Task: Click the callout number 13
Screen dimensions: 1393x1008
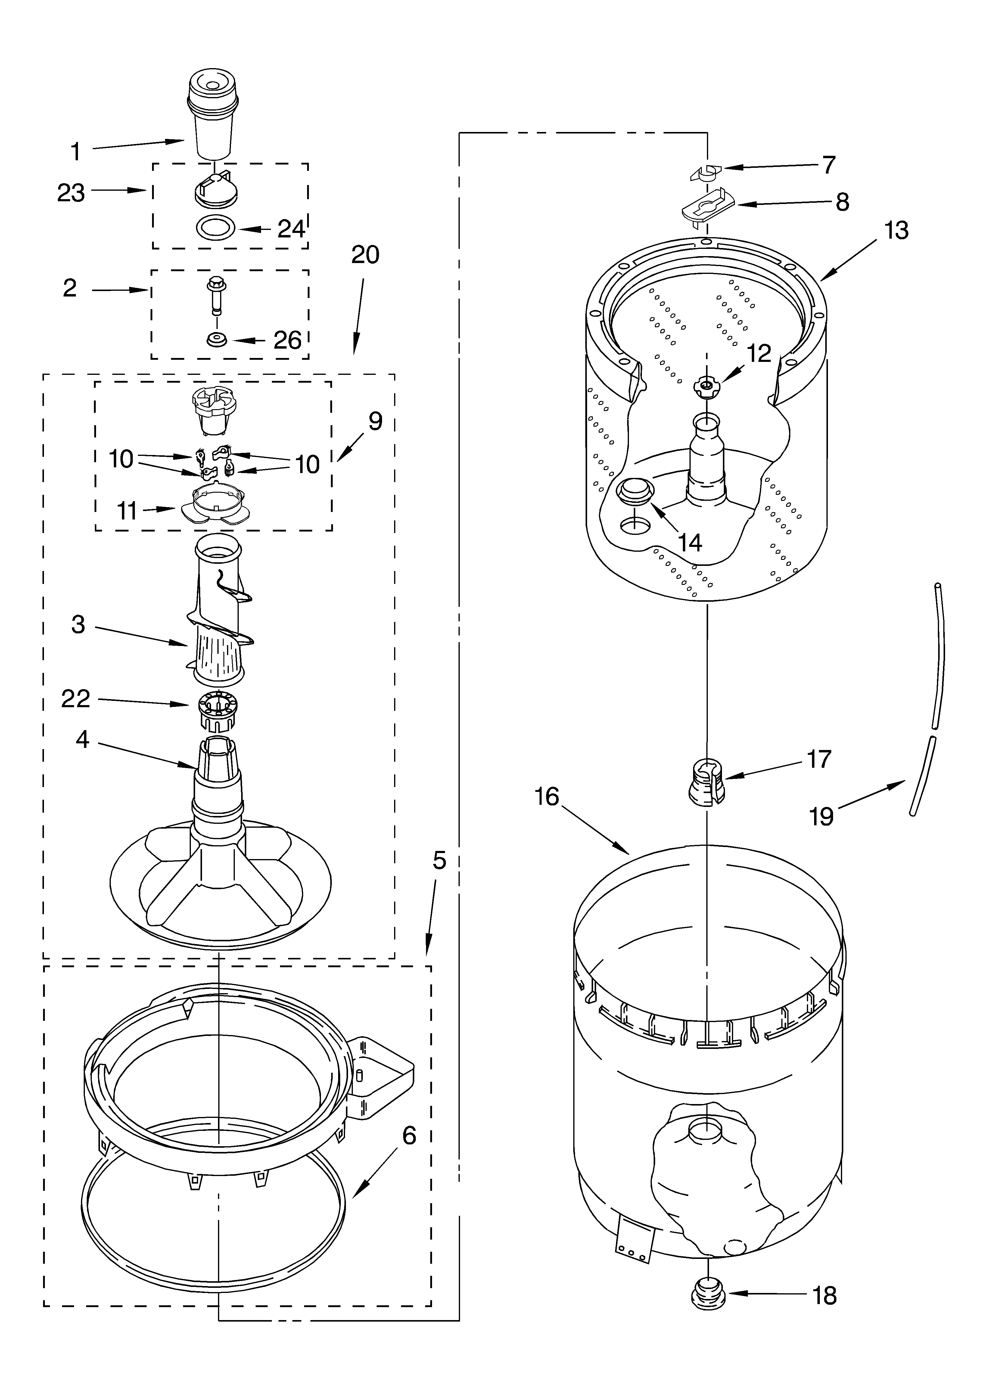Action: point(896,230)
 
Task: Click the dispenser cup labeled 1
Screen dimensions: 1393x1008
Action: point(212,117)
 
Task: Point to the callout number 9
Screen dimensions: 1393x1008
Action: point(375,421)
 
